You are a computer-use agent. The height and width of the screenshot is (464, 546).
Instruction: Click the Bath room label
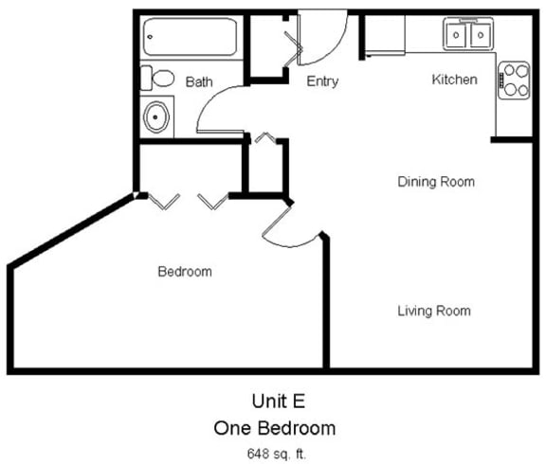click(x=199, y=82)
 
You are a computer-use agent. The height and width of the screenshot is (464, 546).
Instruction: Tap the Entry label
click(x=322, y=81)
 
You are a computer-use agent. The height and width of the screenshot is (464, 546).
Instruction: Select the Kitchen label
click(x=454, y=80)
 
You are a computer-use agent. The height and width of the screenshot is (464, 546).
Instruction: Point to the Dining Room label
click(x=436, y=181)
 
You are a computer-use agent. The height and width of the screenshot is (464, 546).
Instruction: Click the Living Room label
click(x=434, y=311)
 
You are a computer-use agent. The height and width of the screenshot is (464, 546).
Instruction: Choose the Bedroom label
click(x=184, y=272)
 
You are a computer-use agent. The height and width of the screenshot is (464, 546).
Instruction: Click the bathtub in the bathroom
click(x=190, y=38)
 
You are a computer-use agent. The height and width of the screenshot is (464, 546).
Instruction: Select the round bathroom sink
click(x=156, y=117)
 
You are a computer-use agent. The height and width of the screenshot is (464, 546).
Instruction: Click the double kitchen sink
click(x=468, y=36)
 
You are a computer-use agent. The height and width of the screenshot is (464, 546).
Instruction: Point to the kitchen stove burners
click(x=515, y=80)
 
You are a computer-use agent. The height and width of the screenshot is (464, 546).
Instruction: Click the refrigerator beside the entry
click(x=384, y=36)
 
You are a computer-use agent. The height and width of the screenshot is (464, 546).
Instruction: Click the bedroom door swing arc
click(x=289, y=227)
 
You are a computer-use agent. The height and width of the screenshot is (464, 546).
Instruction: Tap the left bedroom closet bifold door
click(x=164, y=201)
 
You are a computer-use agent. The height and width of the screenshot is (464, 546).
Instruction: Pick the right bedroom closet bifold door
click(x=212, y=201)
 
